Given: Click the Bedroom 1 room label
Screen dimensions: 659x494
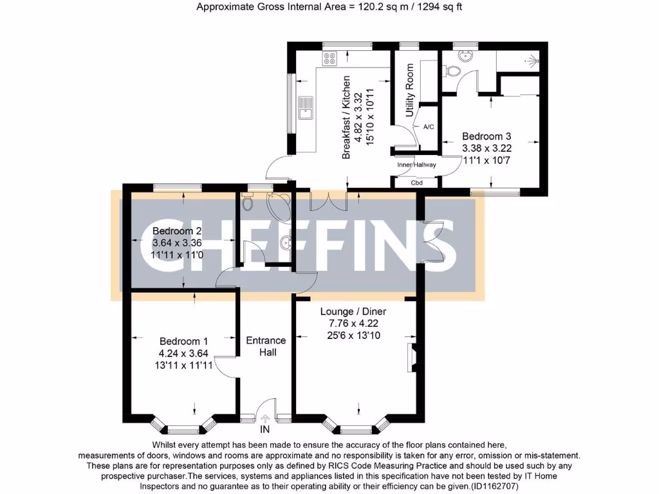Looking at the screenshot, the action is [x=183, y=342].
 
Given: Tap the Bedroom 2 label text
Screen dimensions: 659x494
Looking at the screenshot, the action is [x=177, y=231].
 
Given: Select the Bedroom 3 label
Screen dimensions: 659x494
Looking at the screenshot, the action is [x=487, y=136].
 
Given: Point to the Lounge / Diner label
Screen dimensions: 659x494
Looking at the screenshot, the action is [x=353, y=312].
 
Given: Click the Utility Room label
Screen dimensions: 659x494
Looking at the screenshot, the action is [x=409, y=90].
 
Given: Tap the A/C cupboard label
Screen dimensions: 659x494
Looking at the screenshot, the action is [x=428, y=127].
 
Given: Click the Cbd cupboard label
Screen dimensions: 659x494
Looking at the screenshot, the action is [x=416, y=183].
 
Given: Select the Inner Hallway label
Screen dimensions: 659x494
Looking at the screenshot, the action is [x=416, y=165].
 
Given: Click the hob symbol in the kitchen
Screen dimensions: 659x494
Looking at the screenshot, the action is [x=329, y=59].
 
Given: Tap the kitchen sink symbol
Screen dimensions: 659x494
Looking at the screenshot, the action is [x=306, y=108].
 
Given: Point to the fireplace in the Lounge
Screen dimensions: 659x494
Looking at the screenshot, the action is [x=412, y=358].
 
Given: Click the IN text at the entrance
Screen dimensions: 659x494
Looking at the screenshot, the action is [x=265, y=429].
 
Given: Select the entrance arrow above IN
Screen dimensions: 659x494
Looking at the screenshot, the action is [x=265, y=418].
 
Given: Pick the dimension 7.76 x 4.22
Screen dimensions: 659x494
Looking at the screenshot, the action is [x=353, y=324].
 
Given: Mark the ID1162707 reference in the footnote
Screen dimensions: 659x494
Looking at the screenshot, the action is [x=494, y=486].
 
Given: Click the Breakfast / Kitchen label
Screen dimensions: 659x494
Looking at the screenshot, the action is [x=346, y=117].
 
